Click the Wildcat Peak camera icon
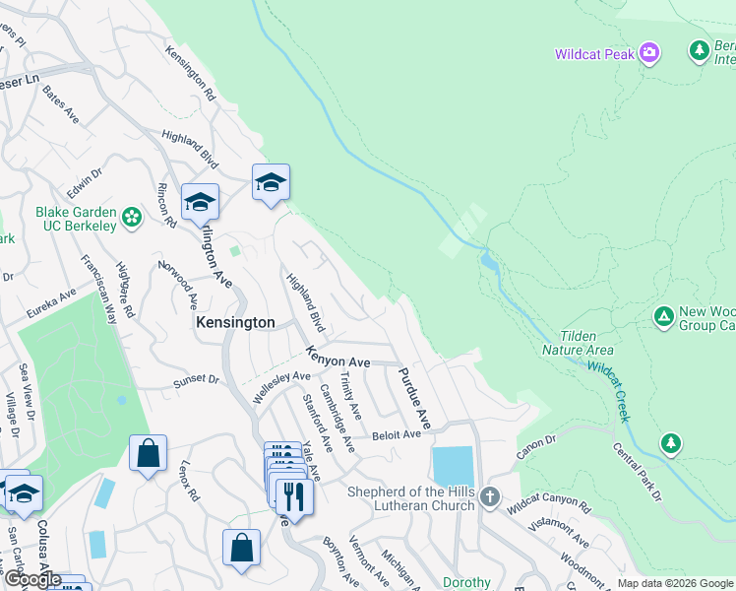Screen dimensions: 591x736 tap(648, 53)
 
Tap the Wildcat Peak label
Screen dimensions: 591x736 tap(594, 54)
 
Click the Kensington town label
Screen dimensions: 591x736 tap(235, 322)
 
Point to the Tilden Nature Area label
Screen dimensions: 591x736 tap(578, 343)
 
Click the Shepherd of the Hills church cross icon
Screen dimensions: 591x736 tap(489, 498)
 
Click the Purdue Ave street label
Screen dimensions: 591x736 tap(414, 398)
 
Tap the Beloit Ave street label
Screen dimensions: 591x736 tap(397, 433)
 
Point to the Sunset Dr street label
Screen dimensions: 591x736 tap(195, 378)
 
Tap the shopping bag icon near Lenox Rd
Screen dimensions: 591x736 tap(148, 454)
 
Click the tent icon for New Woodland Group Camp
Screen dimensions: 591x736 tap(664, 316)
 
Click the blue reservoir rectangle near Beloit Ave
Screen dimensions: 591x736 tap(453, 467)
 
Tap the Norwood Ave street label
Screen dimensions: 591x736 tap(190, 284)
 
